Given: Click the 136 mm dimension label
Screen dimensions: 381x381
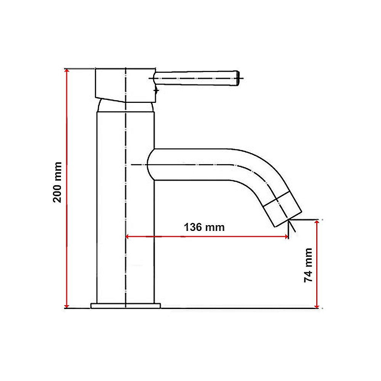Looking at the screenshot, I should click(x=204, y=227).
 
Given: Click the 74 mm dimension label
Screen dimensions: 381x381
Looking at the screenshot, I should click(x=308, y=265).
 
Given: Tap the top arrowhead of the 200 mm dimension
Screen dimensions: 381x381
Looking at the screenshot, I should click(x=67, y=72).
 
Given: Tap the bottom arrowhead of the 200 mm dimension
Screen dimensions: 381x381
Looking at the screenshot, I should click(x=67, y=306).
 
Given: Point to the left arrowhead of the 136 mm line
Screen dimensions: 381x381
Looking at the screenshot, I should click(x=128, y=237).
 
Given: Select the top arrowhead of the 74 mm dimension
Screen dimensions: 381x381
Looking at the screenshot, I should click(x=317, y=223).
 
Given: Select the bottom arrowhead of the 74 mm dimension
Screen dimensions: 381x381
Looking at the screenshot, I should click(x=317, y=306).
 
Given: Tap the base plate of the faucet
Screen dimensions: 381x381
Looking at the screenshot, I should click(x=125, y=306).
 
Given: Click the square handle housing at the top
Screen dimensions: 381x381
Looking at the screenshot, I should click(x=125, y=85).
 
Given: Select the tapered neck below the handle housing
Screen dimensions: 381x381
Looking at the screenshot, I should click(x=126, y=107).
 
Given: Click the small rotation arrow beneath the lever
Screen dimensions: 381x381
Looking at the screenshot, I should click(x=156, y=89).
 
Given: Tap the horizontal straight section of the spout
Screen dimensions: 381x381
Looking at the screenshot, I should click(x=194, y=164).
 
